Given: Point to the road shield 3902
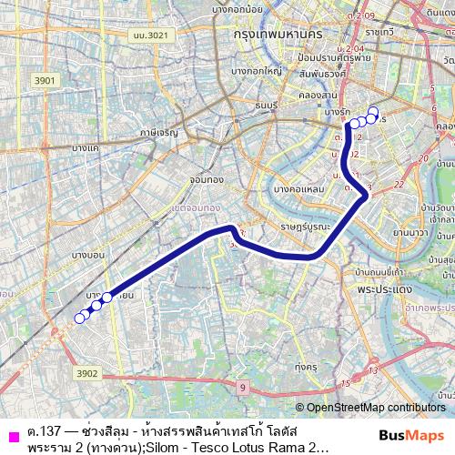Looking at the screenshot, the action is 87,373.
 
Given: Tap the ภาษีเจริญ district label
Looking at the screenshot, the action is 159,132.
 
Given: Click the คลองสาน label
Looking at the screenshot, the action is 319,93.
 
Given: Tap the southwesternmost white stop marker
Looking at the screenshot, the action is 79,318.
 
